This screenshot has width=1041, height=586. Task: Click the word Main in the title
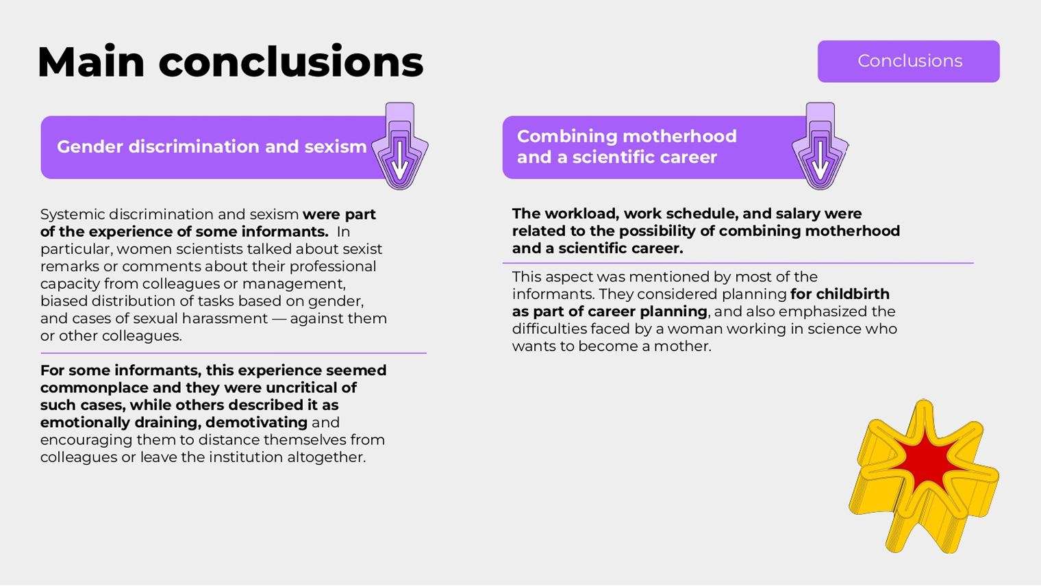coord(91,62)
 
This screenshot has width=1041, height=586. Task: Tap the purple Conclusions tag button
coord(909,62)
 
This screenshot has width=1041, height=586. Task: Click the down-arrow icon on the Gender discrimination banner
coord(400,146)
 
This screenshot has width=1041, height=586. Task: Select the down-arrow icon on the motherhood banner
coord(820,146)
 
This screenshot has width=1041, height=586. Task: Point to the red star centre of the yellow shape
coord(925,460)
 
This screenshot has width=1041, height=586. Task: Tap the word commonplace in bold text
coord(95,388)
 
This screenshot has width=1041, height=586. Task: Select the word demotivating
coord(257,422)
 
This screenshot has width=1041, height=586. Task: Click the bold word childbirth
coord(853,294)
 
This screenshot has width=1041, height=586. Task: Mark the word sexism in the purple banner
coord(336,147)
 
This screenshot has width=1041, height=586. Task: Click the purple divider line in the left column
coord(234,353)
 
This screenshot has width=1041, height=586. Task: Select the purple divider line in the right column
coord(738,263)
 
